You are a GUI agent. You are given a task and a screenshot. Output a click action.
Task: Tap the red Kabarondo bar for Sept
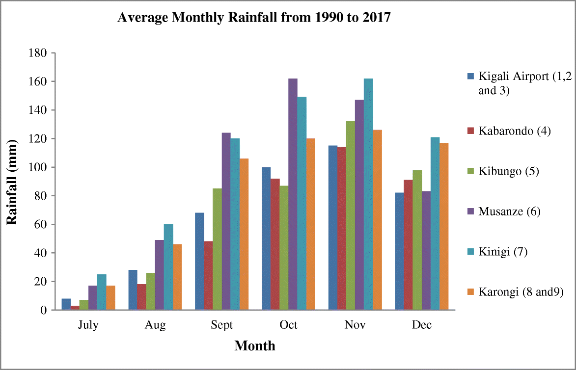[208, 275]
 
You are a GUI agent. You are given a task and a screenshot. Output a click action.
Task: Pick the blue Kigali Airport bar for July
[66, 304]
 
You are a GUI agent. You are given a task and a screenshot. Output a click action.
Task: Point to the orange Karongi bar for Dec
[444, 226]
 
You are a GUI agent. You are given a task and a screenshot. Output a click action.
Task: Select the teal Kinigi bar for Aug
[168, 267]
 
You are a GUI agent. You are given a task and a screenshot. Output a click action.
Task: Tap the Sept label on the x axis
[221, 325]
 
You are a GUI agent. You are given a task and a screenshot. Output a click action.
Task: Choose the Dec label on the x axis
[421, 325]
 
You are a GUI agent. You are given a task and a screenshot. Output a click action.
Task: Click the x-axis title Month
[255, 346]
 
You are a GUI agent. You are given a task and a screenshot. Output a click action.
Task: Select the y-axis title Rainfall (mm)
[12, 182]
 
